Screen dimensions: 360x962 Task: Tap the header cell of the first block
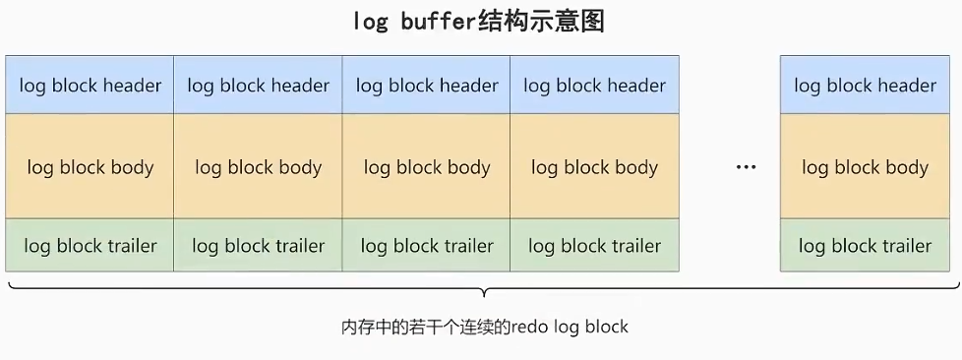[x=90, y=86]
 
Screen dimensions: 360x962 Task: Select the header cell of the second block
[x=258, y=86]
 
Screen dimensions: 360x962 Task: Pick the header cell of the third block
[x=427, y=86]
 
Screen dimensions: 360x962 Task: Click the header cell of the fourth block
[x=594, y=86]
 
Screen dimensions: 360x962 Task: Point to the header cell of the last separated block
[x=865, y=86]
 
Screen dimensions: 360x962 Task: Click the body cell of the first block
[x=90, y=166]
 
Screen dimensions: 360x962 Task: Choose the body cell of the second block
[x=258, y=166]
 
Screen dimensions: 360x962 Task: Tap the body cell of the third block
[x=427, y=166]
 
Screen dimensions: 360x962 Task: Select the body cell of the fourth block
[x=594, y=166]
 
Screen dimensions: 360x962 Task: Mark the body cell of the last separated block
[x=865, y=166]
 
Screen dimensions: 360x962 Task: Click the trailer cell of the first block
[x=90, y=245]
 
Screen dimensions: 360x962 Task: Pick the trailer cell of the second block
[x=258, y=245]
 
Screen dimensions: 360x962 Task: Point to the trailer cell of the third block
[x=427, y=245]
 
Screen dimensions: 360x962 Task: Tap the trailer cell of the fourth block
[x=594, y=245]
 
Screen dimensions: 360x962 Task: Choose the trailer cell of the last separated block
[x=865, y=245]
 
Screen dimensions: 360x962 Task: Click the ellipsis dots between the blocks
[x=747, y=167]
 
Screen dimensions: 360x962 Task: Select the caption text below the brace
[x=483, y=326]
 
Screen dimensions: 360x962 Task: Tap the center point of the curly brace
[x=482, y=292]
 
